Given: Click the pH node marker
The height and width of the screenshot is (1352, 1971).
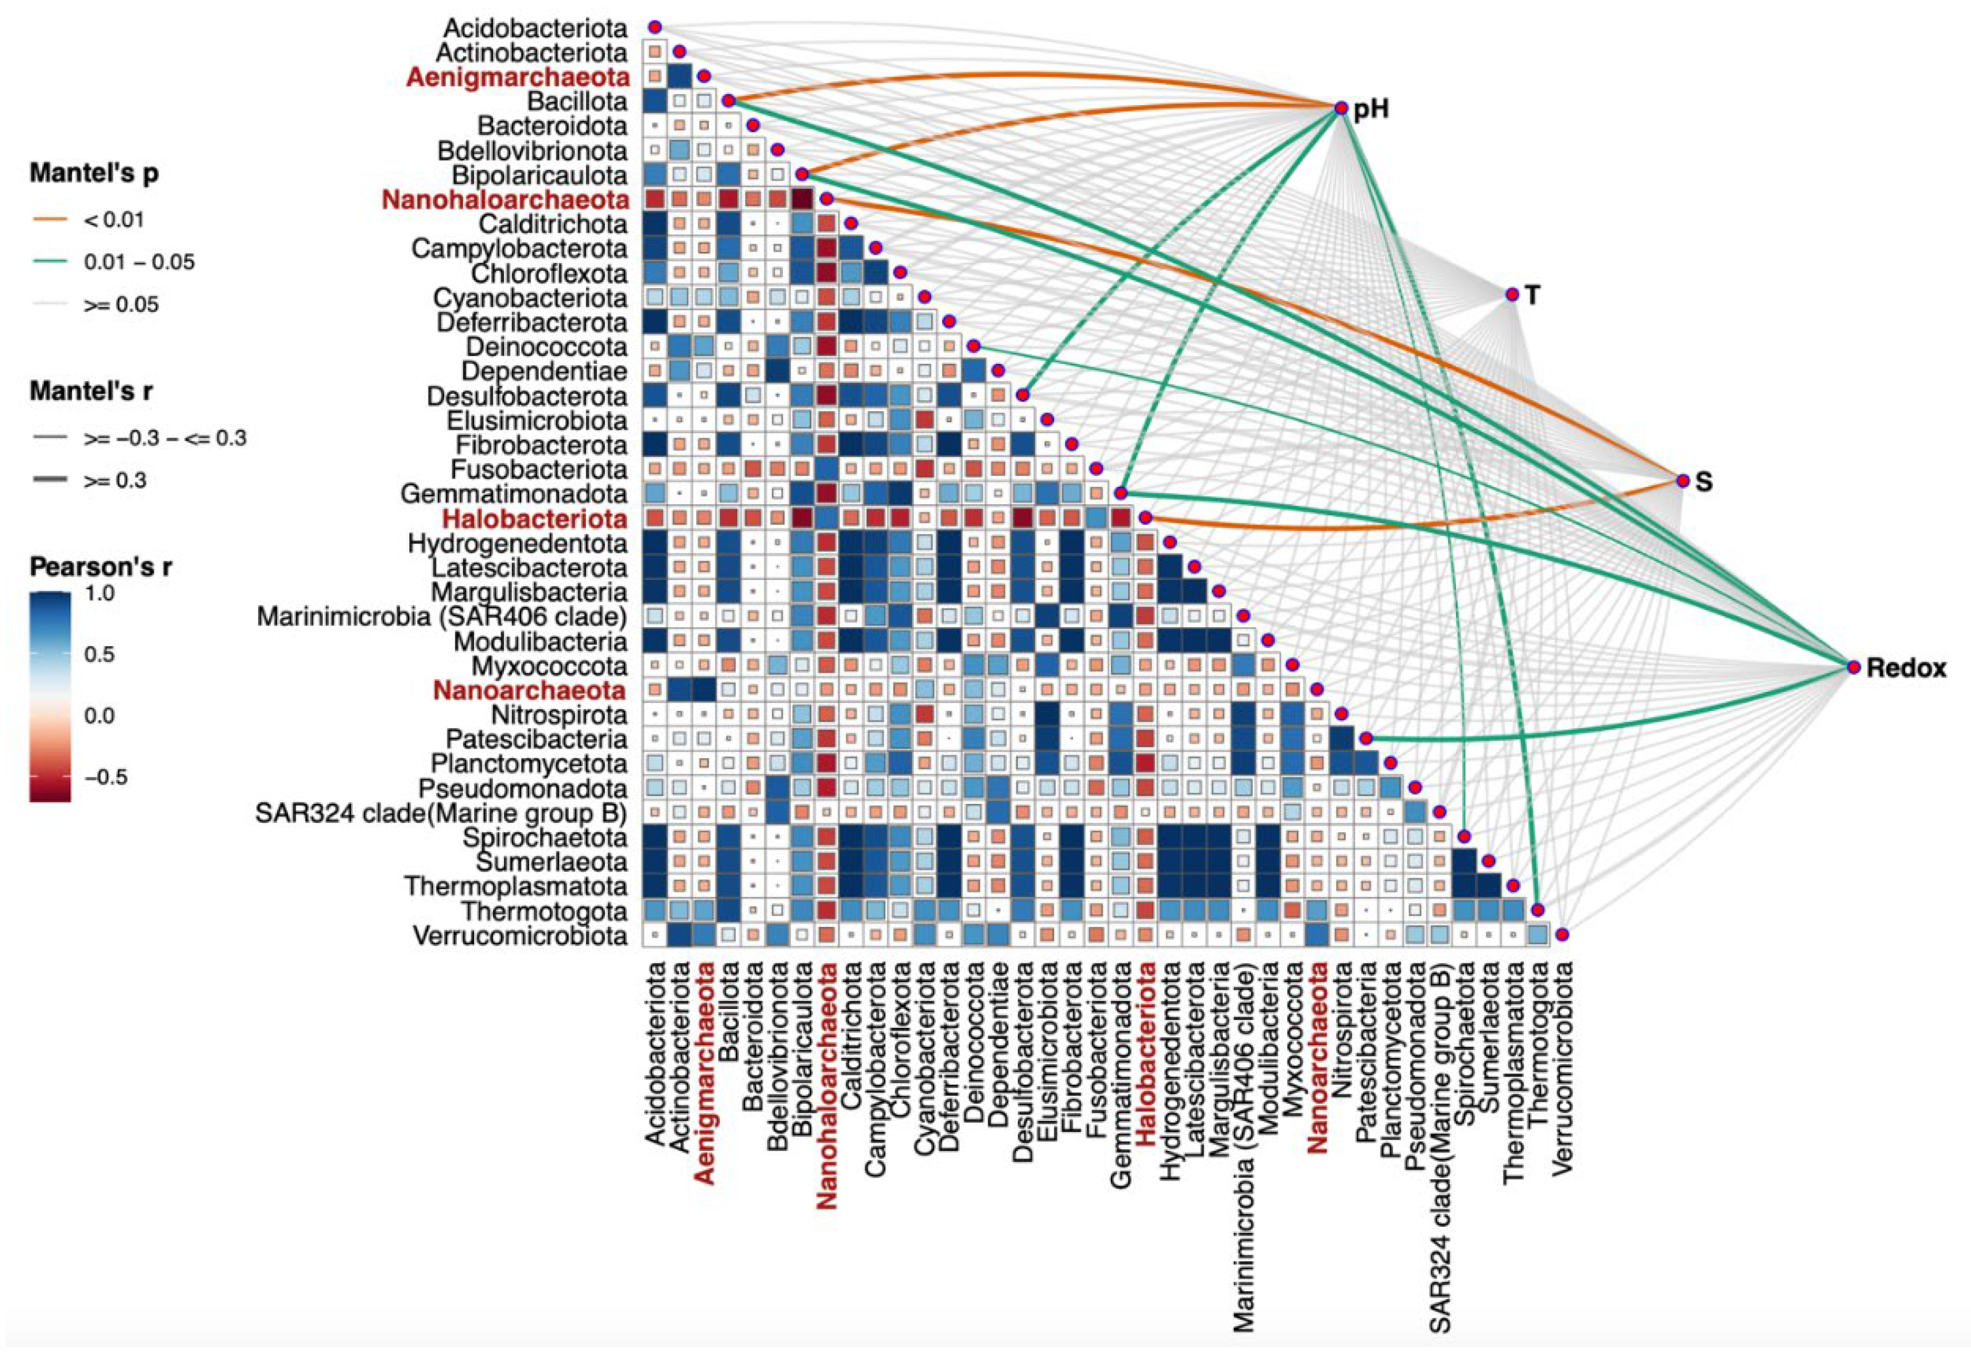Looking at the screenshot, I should pyautogui.click(x=1341, y=108).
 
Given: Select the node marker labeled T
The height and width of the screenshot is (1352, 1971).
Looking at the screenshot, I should pyautogui.click(x=1511, y=295).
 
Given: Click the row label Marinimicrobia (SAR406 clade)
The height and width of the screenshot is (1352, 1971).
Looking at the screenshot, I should pyautogui.click(x=442, y=617).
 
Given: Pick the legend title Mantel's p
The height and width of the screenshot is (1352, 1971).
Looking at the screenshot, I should pyautogui.click(x=94, y=173).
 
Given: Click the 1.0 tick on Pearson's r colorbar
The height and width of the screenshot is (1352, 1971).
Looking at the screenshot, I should pyautogui.click(x=99, y=593).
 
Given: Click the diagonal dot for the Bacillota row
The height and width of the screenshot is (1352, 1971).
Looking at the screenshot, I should pyautogui.click(x=727, y=101).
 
